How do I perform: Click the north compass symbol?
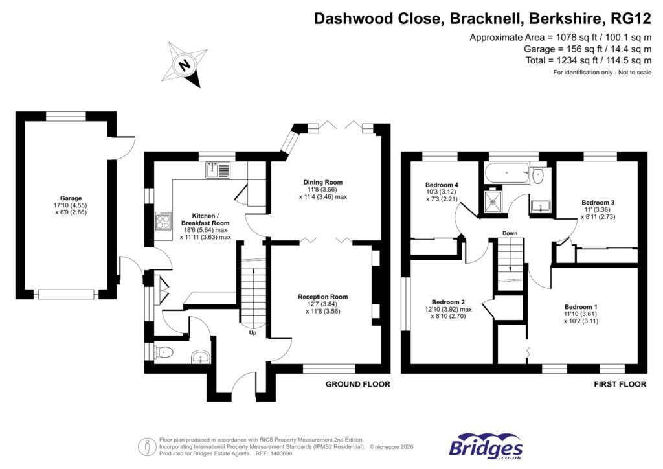click(x=185, y=65)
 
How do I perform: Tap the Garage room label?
click(x=71, y=198)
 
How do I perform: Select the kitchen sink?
click(x=218, y=170)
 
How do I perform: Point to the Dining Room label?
click(x=323, y=182)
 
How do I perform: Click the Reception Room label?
click(x=322, y=297)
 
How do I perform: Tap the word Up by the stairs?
click(x=253, y=334)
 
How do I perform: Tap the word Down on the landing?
click(x=510, y=233)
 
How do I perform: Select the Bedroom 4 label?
click(x=440, y=183)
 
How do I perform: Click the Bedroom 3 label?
click(x=598, y=203)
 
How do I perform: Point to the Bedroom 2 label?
click(x=449, y=302)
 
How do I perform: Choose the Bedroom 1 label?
click(x=581, y=307)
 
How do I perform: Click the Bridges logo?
click(x=486, y=447)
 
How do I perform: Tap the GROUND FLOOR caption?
click(x=357, y=384)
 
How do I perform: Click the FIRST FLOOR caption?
click(x=620, y=384)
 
